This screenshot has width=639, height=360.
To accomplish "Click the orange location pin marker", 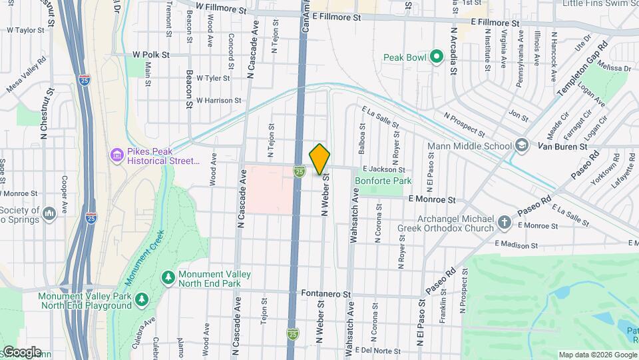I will coord(320,159).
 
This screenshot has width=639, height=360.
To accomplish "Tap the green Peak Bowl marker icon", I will coord(437,57).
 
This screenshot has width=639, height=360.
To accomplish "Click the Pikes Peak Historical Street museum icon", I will coord(117,155).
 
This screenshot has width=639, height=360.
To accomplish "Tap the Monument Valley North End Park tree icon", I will coord(168,277).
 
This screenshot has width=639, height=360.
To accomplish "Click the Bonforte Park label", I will coord(383,181).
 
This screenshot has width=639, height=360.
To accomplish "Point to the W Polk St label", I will coord(151,54).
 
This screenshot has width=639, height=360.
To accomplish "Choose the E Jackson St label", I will coord(383,171).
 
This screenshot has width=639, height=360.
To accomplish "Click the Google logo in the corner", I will coord(21,351).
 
